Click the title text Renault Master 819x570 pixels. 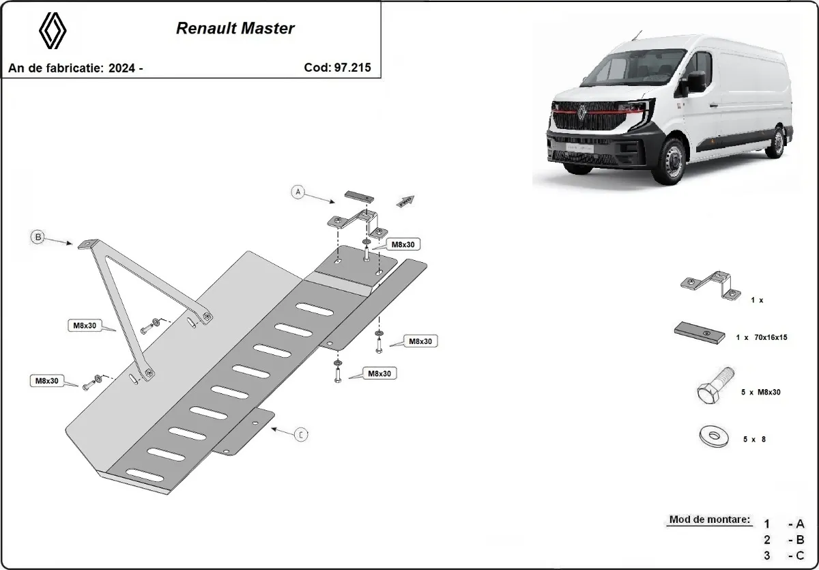(235, 29)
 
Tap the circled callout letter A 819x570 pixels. (298, 192)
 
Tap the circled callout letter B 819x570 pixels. (38, 237)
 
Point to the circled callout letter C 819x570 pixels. (301, 434)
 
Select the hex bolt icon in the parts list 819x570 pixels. (715, 387)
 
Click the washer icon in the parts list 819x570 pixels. (712, 436)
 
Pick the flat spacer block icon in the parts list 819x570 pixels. (699, 332)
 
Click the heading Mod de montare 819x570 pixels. (709, 519)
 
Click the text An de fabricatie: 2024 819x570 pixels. (75, 68)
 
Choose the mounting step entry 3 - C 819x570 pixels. (785, 556)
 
